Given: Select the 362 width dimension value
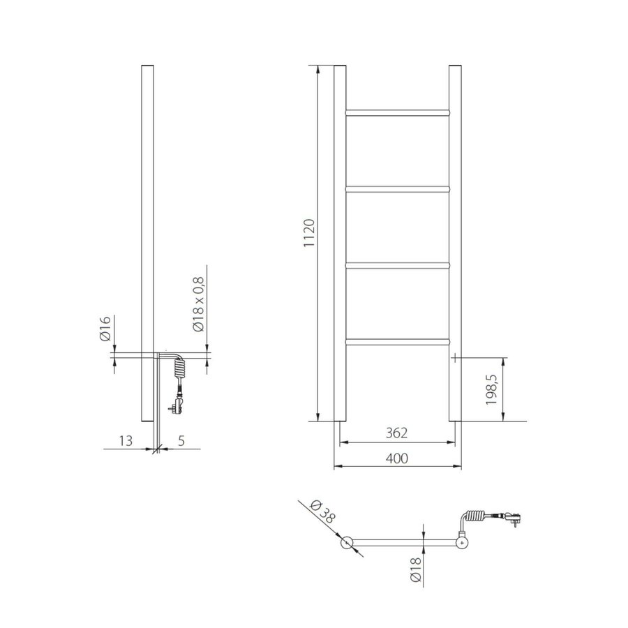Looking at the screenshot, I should pyautogui.click(x=395, y=433).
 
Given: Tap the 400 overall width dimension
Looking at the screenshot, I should pyautogui.click(x=395, y=458).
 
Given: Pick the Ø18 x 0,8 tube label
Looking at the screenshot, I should pyautogui.click(x=199, y=305).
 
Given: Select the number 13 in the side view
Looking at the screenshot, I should pyautogui.click(x=126, y=440).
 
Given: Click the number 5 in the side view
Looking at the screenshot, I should pyautogui.click(x=181, y=440).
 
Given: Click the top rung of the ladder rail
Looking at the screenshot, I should pyautogui.click(x=397, y=111).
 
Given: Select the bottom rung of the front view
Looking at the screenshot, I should pyautogui.click(x=397, y=341).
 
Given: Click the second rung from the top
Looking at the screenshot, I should pyautogui.click(x=397, y=188).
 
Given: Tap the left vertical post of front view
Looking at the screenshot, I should pyautogui.click(x=340, y=244).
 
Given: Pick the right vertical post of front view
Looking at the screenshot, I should pyautogui.click(x=454, y=244).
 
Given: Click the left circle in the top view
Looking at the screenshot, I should pyautogui.click(x=347, y=542).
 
